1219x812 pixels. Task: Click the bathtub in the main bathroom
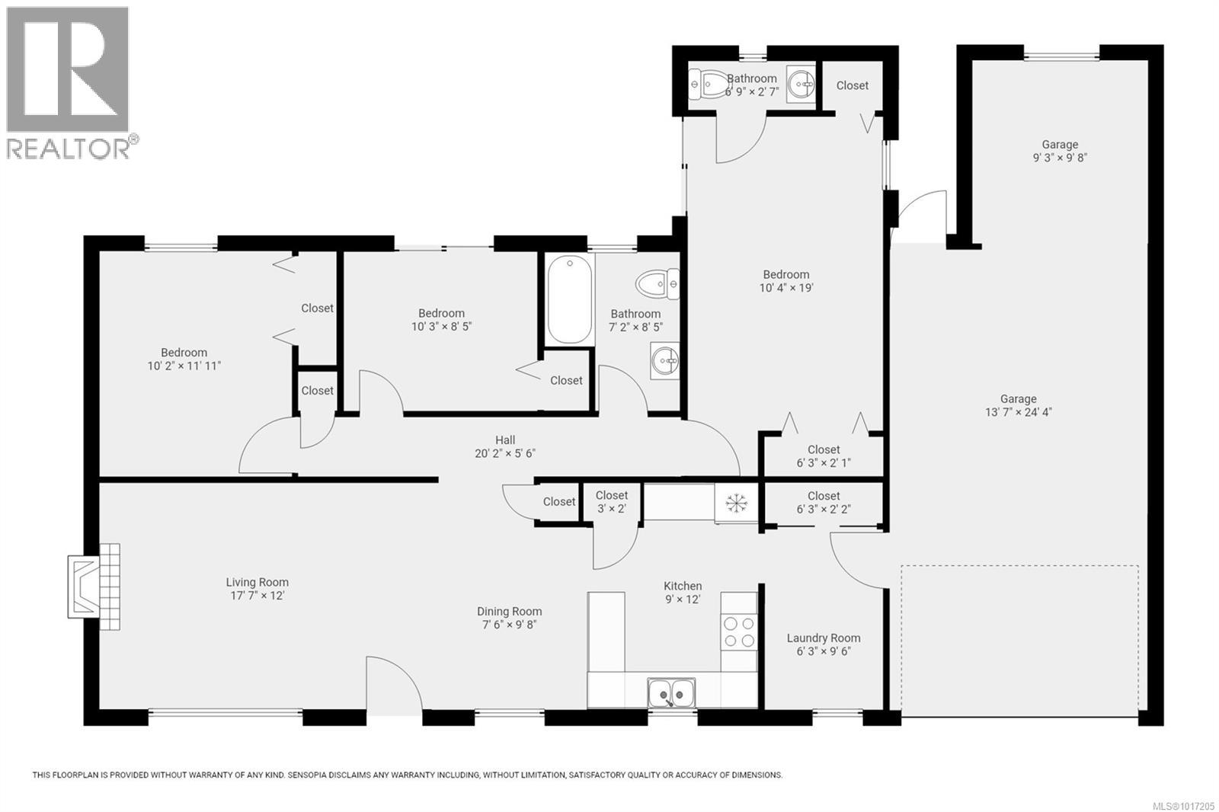click(x=569, y=299)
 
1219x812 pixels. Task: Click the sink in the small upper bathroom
click(x=799, y=82)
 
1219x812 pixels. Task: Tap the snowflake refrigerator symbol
click(x=736, y=503)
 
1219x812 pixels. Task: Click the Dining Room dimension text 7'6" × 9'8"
click(x=509, y=625)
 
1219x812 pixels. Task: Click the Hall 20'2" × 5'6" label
click(x=505, y=446)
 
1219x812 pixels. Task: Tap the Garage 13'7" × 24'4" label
click(x=1018, y=405)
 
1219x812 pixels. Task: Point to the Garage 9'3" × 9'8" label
click(x=1060, y=151)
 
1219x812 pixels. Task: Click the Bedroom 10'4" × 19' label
click(x=786, y=281)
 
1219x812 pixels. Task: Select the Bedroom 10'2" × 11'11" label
click(x=184, y=359)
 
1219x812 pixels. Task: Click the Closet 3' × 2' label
click(x=611, y=502)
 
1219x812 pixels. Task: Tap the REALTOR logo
click(x=69, y=82)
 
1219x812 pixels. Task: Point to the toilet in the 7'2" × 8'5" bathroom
click(x=657, y=283)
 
